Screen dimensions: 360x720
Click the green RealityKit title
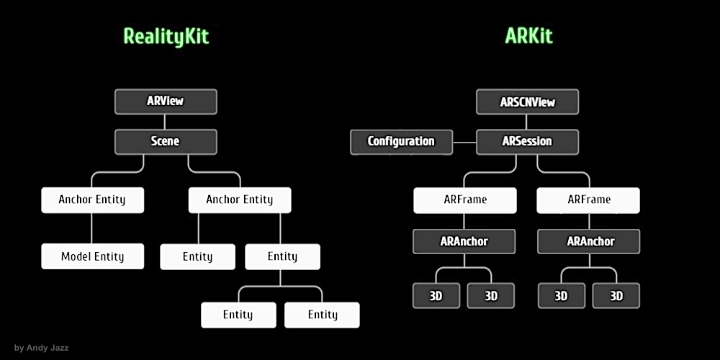pos(166,36)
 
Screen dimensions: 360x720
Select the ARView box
pos(166,102)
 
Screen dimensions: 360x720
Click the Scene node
pos(166,142)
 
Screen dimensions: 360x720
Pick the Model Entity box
pos(92,256)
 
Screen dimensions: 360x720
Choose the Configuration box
pos(401,142)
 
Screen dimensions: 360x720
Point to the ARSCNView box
pos(527,102)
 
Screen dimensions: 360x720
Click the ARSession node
pos(527,142)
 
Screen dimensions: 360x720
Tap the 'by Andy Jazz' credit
pos(41,348)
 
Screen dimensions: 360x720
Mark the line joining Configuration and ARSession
pos(464,142)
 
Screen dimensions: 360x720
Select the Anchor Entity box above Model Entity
pos(92,199)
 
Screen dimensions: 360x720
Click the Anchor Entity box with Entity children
pos(240,199)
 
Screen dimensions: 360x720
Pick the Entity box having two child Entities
pos(282,256)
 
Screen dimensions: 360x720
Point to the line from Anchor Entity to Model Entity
pos(92,228)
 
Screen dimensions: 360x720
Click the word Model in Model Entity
pos(76,256)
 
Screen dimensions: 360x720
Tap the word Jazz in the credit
pos(58,348)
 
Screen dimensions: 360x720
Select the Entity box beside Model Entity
pos(197,256)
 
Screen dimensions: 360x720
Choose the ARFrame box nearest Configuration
pos(464,199)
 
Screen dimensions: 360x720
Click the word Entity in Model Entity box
pos(109,256)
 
